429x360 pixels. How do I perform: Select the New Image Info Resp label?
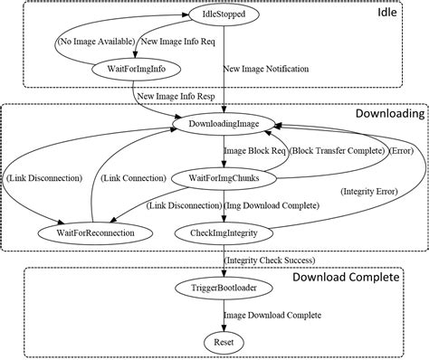pos(176,95)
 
